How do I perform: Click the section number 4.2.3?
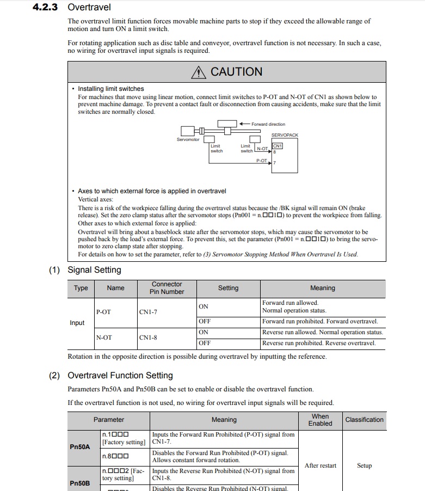coord(45,8)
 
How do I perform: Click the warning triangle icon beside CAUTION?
coord(199,72)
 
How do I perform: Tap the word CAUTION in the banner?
coord(236,72)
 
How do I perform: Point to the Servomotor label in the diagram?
coord(188,140)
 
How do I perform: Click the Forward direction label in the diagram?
coord(268,124)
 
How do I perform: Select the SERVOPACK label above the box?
coord(285,135)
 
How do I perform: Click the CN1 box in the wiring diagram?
coord(277,146)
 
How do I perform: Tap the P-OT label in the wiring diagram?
coord(261,161)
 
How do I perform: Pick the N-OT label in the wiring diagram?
coord(262,148)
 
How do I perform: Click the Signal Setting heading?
coord(94,270)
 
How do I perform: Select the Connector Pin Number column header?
coord(167,288)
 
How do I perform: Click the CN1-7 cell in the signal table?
coord(148,312)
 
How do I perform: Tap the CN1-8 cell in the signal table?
coord(148,337)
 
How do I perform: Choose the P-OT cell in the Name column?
coord(103,312)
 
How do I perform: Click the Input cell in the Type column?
coord(77,323)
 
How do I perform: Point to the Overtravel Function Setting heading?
coord(120,376)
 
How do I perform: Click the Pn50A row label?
coord(80,447)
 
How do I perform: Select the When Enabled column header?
coord(320,420)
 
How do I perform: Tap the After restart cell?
coord(321,465)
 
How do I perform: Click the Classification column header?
coord(364,420)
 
